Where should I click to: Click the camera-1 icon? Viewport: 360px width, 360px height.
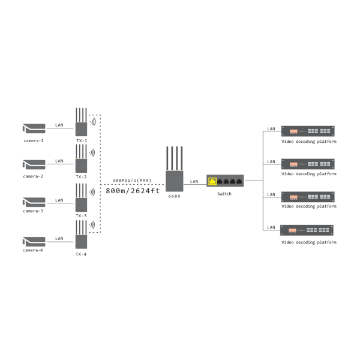coord(34,128)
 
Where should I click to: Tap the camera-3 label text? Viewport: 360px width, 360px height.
coord(33,211)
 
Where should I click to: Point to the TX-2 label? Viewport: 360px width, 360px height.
coord(81,177)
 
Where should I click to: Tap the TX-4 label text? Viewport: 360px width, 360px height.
coord(81,254)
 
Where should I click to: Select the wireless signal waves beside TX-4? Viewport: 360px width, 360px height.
coord(92,226)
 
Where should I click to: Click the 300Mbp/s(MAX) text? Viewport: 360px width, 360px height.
coord(131,180)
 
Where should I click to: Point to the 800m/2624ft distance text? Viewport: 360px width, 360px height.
coord(133,191)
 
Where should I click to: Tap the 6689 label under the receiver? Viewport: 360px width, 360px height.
coord(175,196)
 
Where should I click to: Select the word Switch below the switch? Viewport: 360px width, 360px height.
coord(224,194)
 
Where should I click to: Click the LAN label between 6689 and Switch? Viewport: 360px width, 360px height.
coord(194,181)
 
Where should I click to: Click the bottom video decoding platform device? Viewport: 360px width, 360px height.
coord(308,230)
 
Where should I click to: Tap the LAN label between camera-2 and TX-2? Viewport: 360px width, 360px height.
coord(59,161)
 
